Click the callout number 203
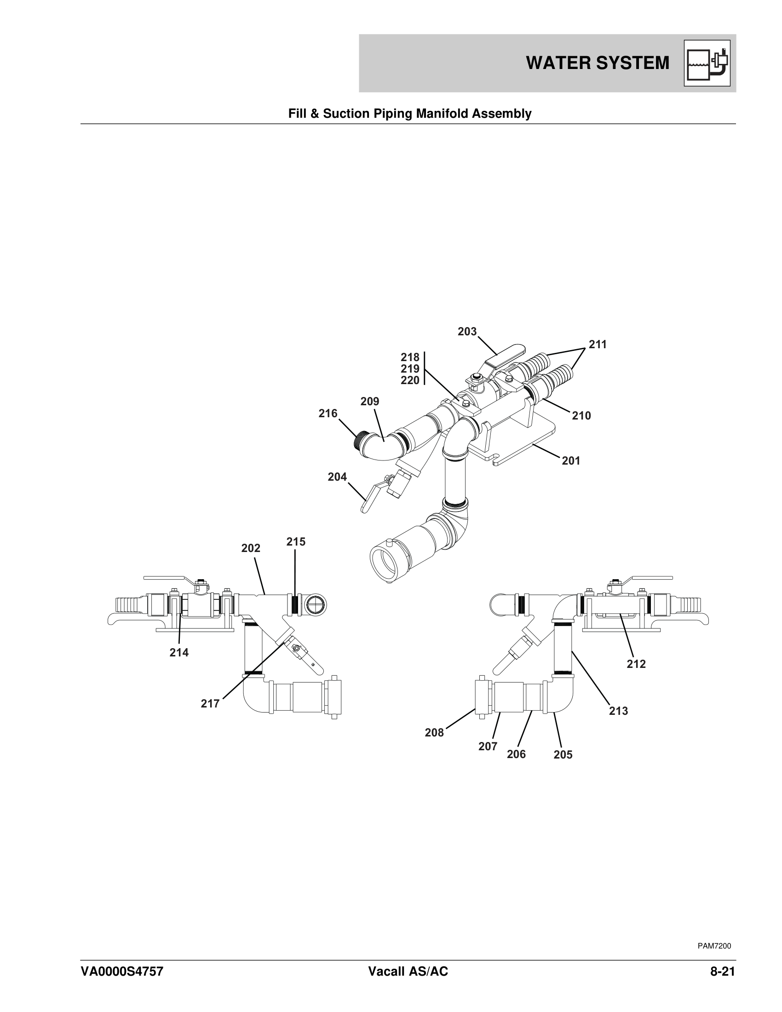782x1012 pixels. point(467,332)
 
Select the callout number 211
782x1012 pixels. point(598,344)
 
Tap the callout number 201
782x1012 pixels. point(571,460)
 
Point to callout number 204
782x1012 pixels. point(337,477)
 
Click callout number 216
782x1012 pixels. point(328,414)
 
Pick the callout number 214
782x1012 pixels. point(179,652)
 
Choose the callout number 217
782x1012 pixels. point(210,704)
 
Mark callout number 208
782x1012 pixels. point(435,733)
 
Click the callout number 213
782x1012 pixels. point(618,711)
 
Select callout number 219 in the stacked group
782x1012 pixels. point(410,369)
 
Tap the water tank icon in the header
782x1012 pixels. point(707,63)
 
